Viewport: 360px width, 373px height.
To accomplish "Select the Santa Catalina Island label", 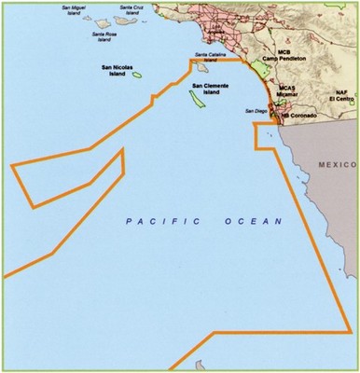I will click(212, 55).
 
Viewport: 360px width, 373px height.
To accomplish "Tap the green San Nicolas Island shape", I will click(137, 80).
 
